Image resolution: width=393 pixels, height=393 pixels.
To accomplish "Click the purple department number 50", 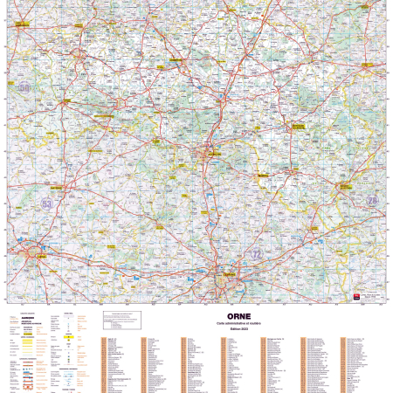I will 24,87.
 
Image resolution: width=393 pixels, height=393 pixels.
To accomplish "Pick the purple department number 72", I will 256,253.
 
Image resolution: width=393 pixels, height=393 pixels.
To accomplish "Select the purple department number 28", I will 373,200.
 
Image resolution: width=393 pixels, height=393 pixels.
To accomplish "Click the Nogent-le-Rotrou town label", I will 347,186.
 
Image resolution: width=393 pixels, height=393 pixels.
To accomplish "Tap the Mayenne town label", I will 59,186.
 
